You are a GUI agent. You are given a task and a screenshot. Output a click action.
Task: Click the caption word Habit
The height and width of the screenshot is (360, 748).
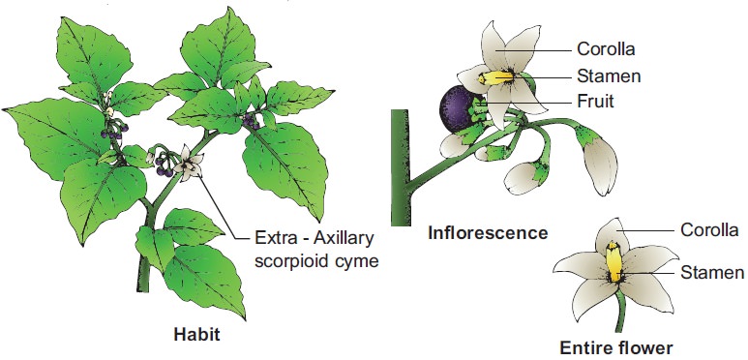pos(196,334)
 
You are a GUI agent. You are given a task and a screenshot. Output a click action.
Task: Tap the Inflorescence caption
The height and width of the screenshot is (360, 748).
pos(488,233)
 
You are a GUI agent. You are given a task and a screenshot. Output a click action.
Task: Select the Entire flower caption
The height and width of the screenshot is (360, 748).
pos(616,347)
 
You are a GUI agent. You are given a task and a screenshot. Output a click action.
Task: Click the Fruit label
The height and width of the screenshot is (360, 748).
pos(595,102)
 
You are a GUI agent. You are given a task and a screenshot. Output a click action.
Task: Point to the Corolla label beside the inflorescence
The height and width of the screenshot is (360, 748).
pos(606,48)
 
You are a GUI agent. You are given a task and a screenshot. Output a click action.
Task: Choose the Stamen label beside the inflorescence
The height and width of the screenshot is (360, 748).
pos(609,75)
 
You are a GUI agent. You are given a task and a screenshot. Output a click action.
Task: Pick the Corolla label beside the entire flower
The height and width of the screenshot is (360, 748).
pos(709,229)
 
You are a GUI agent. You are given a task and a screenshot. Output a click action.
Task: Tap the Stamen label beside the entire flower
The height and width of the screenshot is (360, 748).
pos(712,273)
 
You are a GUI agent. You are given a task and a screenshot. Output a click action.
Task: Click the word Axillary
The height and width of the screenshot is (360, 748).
pos(344,239)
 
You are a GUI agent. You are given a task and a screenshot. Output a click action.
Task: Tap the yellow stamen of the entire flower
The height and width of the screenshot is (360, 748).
pos(613,261)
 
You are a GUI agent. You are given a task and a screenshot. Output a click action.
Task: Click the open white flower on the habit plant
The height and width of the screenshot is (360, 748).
pos(189,165)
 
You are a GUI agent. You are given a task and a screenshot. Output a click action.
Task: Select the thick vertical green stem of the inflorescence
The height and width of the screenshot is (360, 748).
pos(401,167)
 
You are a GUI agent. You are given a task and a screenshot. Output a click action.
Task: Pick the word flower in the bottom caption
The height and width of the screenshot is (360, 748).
pos(646,347)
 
